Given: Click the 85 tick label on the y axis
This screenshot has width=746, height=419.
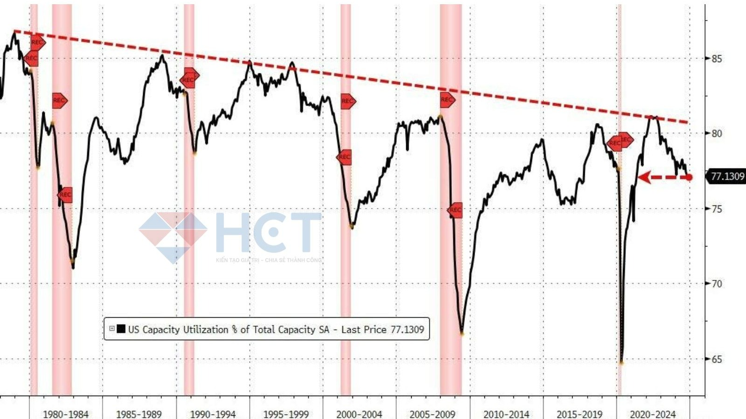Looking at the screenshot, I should pyautogui.click(x=716, y=59).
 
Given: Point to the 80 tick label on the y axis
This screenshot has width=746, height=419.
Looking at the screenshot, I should pyautogui.click(x=716, y=133).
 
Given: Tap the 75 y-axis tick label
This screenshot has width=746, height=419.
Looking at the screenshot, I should pyautogui.click(x=716, y=209).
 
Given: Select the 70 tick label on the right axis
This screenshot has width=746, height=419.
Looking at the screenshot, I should pyautogui.click(x=716, y=284).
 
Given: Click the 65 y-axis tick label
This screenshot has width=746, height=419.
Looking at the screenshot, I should pyautogui.click(x=716, y=359).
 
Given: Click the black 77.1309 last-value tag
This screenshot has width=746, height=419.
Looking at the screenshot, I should pyautogui.click(x=727, y=176).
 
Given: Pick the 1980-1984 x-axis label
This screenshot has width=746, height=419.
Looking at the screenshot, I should pyautogui.click(x=65, y=414).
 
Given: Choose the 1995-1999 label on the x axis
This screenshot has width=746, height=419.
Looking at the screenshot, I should pyautogui.click(x=286, y=414).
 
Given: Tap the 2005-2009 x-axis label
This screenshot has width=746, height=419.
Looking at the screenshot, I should pyautogui.click(x=432, y=414).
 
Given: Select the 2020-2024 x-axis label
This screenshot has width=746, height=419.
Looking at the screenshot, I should pyautogui.click(x=652, y=414).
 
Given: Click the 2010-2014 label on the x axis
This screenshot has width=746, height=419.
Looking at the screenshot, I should pyautogui.click(x=506, y=414).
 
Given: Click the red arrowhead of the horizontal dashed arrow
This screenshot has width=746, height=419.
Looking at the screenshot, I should pyautogui.click(x=644, y=177).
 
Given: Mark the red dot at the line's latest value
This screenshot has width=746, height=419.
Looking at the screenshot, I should pyautogui.click(x=689, y=177).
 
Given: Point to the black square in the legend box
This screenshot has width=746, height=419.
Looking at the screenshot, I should pyautogui.click(x=121, y=329).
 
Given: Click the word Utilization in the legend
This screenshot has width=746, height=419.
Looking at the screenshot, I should pyautogui.click(x=205, y=329).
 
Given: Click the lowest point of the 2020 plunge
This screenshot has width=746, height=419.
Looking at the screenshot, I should pyautogui.click(x=622, y=362).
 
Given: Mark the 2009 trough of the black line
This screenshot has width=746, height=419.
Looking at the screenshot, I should pyautogui.click(x=462, y=333).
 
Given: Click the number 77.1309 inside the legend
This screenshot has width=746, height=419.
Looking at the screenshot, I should pyautogui.click(x=407, y=329).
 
